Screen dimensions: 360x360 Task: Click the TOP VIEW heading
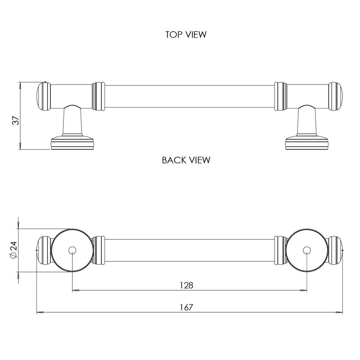[186, 35]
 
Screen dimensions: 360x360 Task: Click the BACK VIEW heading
[186, 160]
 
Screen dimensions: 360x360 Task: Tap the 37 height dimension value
[15, 121]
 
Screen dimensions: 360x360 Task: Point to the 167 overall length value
[186, 307]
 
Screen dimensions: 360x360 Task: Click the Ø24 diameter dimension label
[13, 250]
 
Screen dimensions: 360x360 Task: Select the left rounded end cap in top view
[42, 95]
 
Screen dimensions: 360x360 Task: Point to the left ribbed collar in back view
[98, 250]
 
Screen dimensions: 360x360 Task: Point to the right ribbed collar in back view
[280, 250]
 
